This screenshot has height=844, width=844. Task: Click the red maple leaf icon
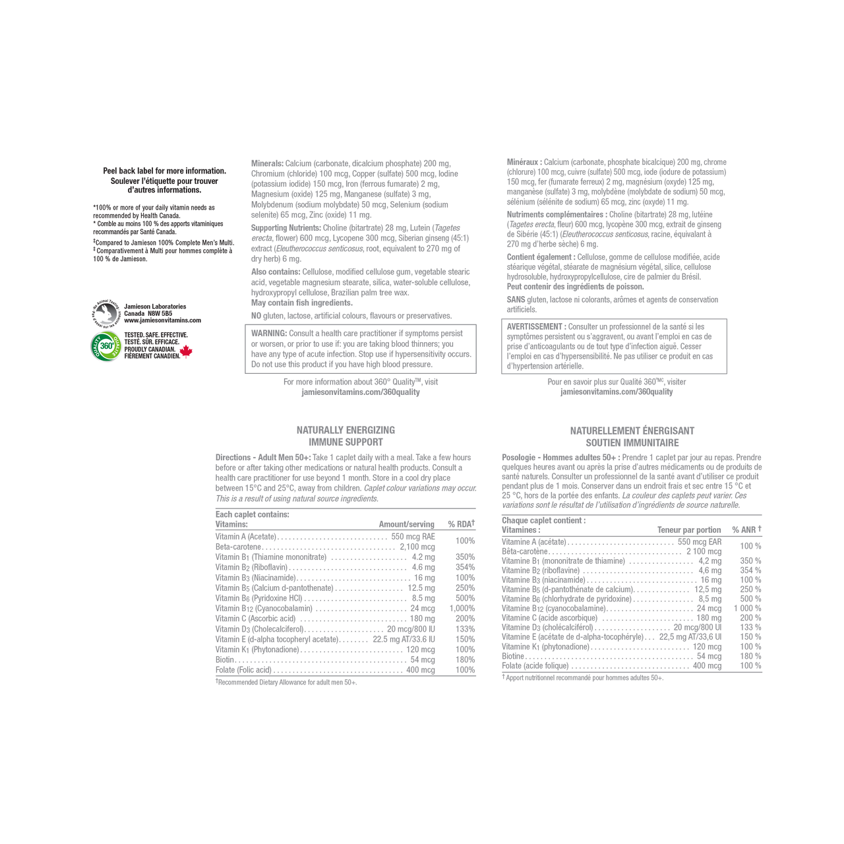[x=186, y=351]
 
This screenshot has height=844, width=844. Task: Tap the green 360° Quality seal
[x=106, y=346]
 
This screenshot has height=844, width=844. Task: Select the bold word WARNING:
[x=269, y=333]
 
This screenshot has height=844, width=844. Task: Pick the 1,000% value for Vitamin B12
[x=462, y=609]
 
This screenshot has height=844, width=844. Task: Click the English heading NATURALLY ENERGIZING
[x=346, y=430]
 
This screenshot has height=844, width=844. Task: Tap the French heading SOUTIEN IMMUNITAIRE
[x=632, y=443]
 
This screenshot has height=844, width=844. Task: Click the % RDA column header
[x=461, y=524]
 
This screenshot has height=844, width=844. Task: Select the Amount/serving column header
[x=406, y=524]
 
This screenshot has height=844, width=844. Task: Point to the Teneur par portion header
[x=689, y=530]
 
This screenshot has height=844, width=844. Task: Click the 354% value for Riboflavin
[x=465, y=567]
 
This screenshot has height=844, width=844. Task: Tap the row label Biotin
[x=225, y=659]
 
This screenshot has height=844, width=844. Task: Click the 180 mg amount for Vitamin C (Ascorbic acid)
[x=422, y=618]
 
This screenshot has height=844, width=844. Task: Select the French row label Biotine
[x=513, y=656]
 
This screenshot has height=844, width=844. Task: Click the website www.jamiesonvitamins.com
[x=162, y=320]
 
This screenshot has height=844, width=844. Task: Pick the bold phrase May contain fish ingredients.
[x=302, y=303]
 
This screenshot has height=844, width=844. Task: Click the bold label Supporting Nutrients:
[x=286, y=227]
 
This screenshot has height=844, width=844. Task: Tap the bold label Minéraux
[x=524, y=162]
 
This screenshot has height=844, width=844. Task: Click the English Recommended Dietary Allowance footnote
[x=286, y=682]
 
